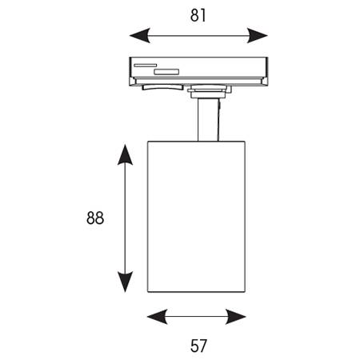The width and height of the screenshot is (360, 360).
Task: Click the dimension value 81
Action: coord(198,15)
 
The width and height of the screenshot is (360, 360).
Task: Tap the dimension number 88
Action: coord(95,218)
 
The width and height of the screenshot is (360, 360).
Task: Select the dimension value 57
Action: coord(198,346)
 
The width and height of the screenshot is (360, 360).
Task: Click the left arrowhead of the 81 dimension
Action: coord(140,35)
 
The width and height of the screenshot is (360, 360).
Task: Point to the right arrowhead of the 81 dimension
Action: coord(258,35)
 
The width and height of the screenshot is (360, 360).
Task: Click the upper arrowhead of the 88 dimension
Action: coord(125,154)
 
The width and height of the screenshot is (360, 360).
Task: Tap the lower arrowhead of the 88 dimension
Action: coord(125,282)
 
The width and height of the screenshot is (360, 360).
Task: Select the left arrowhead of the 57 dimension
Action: coord(158,317)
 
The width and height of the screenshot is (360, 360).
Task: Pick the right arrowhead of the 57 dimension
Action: coord(236,317)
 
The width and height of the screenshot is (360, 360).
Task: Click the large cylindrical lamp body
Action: coord(196,217)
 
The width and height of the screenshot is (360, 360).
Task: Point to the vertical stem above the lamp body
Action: coord(208,120)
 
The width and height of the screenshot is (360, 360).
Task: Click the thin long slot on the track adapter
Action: coord(146,66)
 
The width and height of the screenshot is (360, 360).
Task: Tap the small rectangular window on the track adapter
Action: coord(166,72)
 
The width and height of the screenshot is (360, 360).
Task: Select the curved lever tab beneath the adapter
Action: coord(162,87)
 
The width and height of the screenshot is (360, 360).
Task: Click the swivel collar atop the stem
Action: coord(210,91)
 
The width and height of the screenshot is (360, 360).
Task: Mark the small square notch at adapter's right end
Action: coord(265,81)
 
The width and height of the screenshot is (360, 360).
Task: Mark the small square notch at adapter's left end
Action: coord(133,81)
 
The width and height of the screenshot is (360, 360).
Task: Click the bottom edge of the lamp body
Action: coord(196,292)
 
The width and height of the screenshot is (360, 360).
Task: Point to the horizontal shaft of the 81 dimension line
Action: coord(198,35)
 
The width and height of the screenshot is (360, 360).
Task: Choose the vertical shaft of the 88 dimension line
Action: coord(125,218)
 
